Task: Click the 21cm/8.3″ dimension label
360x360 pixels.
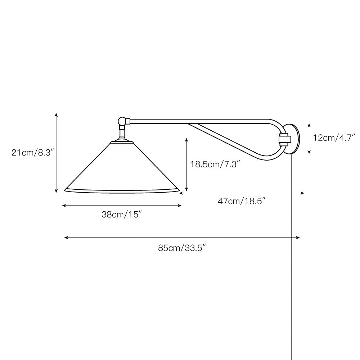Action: click(x=32, y=153)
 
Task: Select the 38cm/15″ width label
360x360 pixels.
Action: click(x=121, y=215)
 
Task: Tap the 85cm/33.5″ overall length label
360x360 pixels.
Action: click(x=182, y=248)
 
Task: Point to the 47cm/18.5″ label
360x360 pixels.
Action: click(x=242, y=201)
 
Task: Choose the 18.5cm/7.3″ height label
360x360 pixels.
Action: click(x=215, y=165)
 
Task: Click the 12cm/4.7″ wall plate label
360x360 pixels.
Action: click(x=334, y=138)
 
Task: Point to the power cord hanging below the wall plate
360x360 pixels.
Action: click(x=291, y=252)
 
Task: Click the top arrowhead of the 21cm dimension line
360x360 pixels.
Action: click(x=56, y=114)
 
